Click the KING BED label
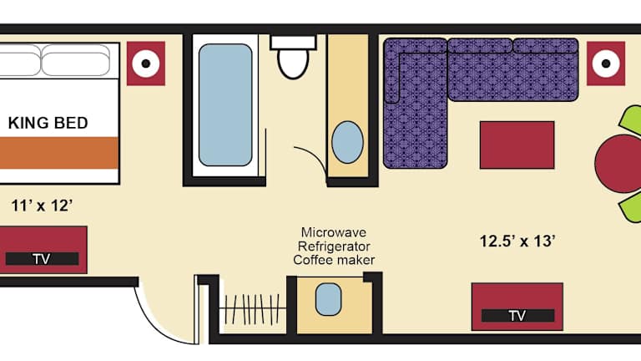click(48, 123)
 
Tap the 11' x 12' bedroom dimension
click(42, 206)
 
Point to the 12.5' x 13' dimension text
click(517, 241)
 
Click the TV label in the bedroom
click(42, 259)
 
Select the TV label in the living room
click(517, 316)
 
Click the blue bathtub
click(225, 104)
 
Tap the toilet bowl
click(293, 64)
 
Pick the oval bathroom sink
click(347, 142)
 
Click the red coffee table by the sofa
click(517, 145)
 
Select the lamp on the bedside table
click(146, 64)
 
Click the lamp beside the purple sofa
click(606, 64)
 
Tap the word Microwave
click(334, 232)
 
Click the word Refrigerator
click(334, 247)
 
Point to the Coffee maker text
click(334, 261)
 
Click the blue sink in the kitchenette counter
click(328, 299)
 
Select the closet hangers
click(252, 309)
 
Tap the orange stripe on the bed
click(59, 153)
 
